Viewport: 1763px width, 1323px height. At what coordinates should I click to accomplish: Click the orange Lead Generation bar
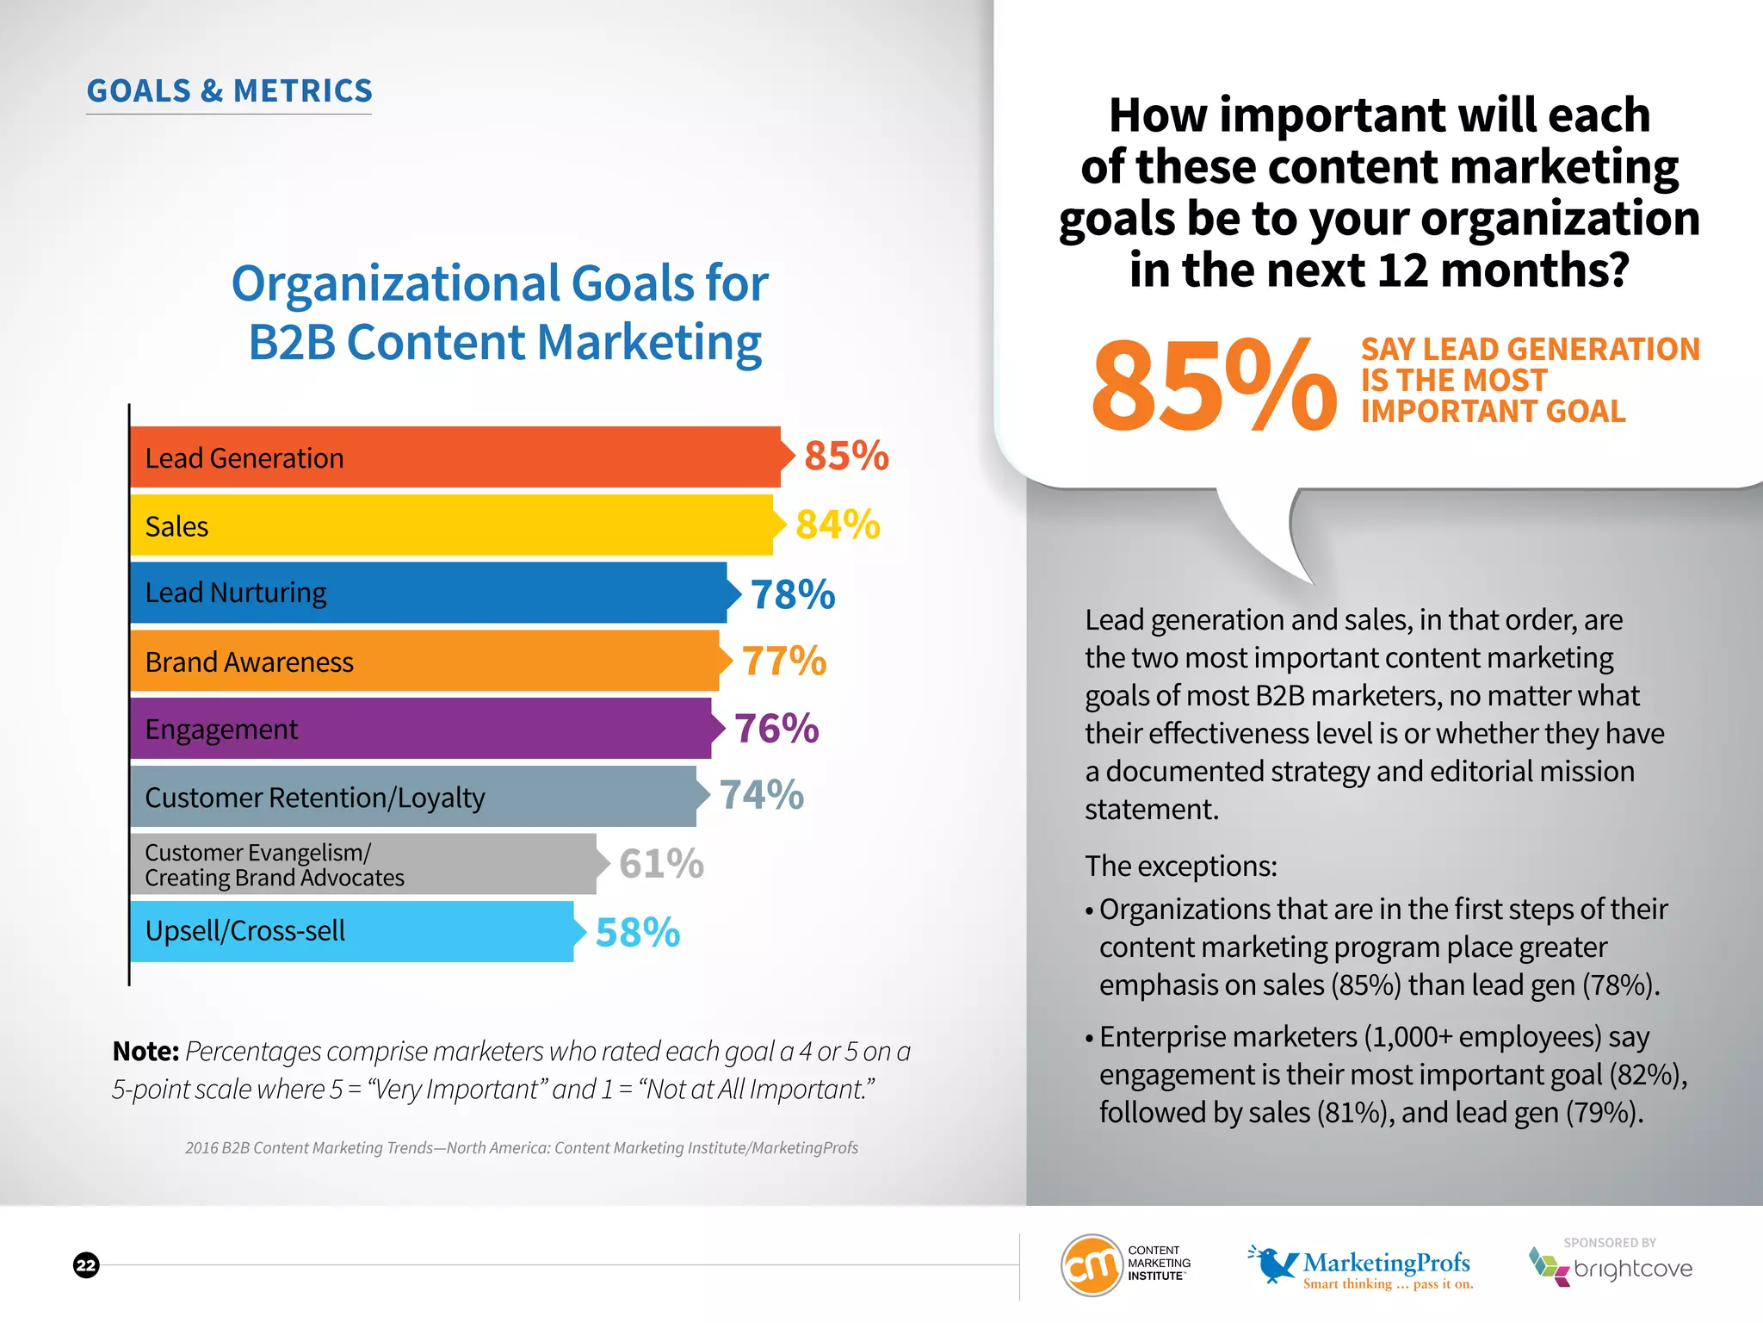click(x=517, y=457)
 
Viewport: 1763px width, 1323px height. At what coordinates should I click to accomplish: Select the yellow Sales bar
click(x=517, y=525)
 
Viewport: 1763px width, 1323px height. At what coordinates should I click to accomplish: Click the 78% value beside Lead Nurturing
click(x=792, y=594)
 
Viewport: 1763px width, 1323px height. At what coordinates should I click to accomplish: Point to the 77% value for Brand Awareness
click(x=783, y=661)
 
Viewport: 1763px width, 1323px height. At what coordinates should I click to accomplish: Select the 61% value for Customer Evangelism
click(x=661, y=864)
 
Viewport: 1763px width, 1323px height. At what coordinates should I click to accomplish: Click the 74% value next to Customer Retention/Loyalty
click(x=761, y=795)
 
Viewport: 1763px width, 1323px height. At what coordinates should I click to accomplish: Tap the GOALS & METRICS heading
click(x=229, y=90)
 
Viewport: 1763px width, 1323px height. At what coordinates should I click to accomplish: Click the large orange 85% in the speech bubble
click(x=1212, y=385)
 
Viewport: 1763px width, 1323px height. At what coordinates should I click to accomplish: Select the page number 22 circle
click(x=86, y=1265)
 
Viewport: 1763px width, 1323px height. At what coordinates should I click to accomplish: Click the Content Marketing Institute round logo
click(x=1092, y=1265)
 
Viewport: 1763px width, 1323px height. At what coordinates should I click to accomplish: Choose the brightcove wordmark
click(x=1632, y=1269)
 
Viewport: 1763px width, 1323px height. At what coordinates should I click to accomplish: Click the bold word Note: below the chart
click(x=145, y=1052)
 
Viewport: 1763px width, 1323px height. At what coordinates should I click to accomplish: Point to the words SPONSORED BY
click(x=1609, y=1243)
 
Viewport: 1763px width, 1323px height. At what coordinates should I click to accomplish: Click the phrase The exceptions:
click(x=1180, y=866)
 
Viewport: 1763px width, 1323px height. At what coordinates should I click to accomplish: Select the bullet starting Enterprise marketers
click(x=1386, y=1074)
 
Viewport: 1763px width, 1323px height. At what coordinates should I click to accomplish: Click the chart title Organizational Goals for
click(x=499, y=283)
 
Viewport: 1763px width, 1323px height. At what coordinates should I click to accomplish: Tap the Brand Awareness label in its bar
click(x=249, y=662)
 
